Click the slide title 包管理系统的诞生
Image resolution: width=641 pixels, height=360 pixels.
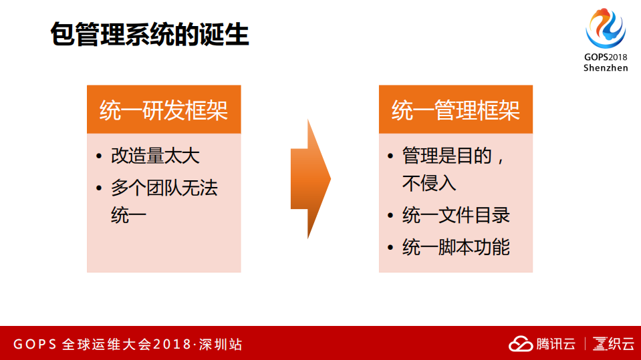pos(150,35)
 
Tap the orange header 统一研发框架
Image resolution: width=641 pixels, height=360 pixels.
pos(164,110)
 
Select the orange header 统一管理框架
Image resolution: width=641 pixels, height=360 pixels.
pos(456,110)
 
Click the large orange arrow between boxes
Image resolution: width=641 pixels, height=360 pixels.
pos(310,179)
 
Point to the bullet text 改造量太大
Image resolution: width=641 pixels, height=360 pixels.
pos(155,156)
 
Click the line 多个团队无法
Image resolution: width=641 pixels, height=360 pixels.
pos(164,188)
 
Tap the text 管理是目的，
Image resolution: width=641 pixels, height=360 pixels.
pos(453,156)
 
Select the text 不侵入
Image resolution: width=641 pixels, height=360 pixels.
pos(429,183)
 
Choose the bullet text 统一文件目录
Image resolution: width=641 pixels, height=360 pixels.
pos(456,215)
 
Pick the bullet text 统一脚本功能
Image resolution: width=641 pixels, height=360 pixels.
pos(456,247)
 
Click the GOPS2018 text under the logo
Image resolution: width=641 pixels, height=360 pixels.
pos(606,57)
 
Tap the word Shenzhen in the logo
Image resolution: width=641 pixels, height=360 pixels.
pos(606,68)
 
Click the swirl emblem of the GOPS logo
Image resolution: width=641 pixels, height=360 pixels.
pos(606,28)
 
